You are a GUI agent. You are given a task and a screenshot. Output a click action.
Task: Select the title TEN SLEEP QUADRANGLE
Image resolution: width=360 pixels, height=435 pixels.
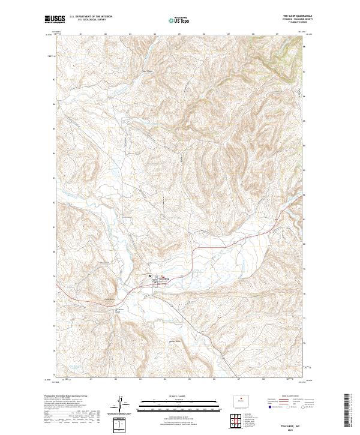[296, 16]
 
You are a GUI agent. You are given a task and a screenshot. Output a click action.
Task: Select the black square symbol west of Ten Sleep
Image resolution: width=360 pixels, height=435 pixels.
[151, 278]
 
